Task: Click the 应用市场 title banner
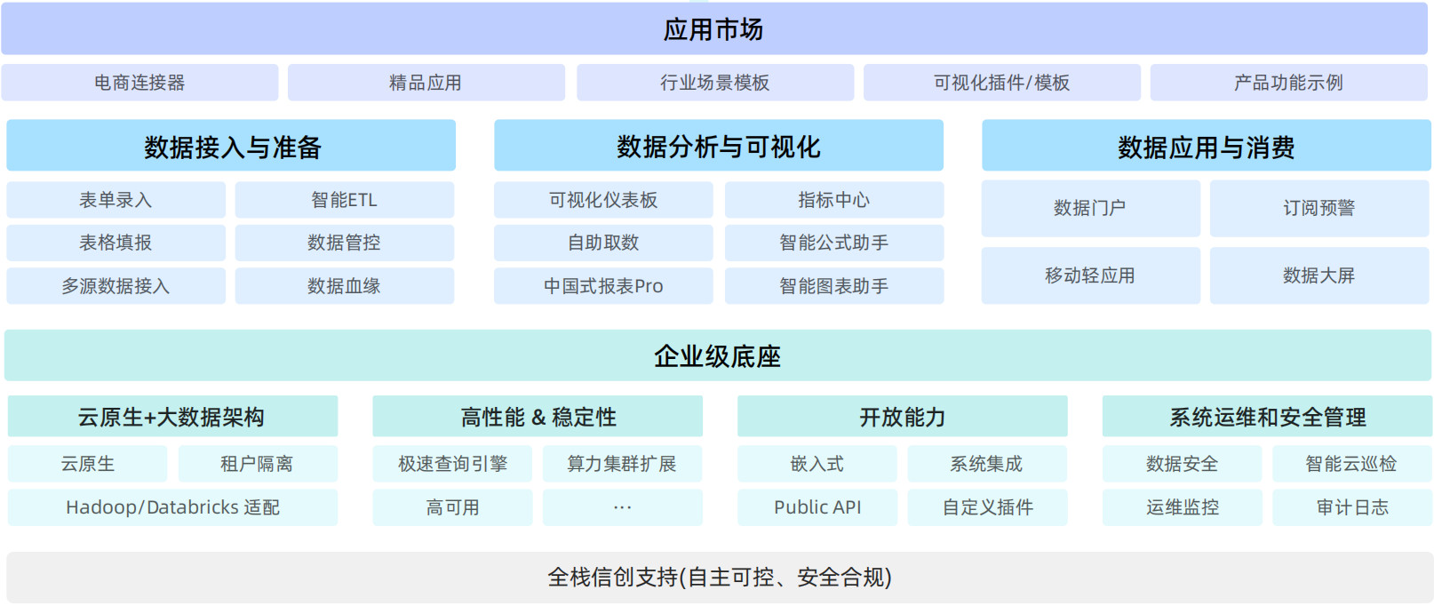[713, 28]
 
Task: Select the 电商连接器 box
[139, 83]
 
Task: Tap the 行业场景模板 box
[715, 83]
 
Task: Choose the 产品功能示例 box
[1288, 83]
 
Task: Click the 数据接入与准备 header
[231, 146]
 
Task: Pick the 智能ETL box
[345, 200]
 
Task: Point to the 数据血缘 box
[345, 285]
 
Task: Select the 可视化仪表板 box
[603, 200]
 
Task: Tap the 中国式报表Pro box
[603, 285]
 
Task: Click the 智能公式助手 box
[834, 243]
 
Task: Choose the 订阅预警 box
[1319, 208]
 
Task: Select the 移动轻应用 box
[1091, 275]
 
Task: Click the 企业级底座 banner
[717, 355]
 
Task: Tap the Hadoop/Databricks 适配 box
[173, 507]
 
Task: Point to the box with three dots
[622, 507]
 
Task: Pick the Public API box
[817, 507]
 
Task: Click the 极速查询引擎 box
[452, 464]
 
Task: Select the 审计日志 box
[1352, 507]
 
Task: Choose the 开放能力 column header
[903, 417]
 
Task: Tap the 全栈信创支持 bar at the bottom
[718, 578]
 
